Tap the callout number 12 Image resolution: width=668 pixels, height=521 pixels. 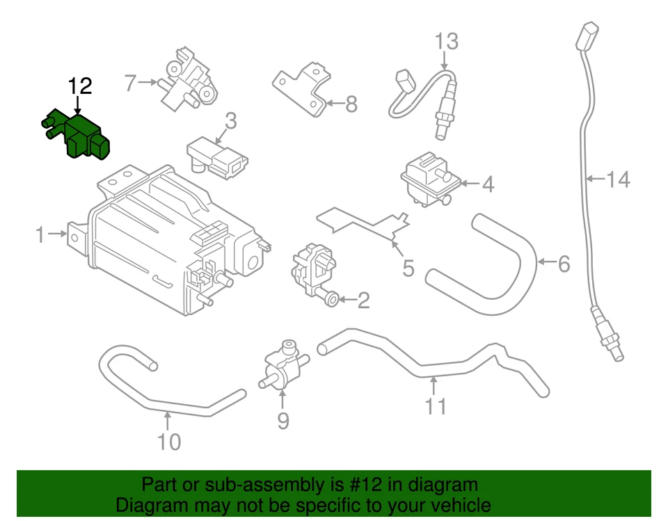(79, 86)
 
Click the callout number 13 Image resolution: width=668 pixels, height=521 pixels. (447, 42)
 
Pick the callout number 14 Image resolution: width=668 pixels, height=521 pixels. (617, 180)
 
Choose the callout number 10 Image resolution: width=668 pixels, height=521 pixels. (168, 441)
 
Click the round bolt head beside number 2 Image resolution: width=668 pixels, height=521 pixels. (332, 299)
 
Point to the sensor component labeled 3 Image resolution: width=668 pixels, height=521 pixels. (217, 158)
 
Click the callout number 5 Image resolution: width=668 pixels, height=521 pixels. (407, 266)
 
